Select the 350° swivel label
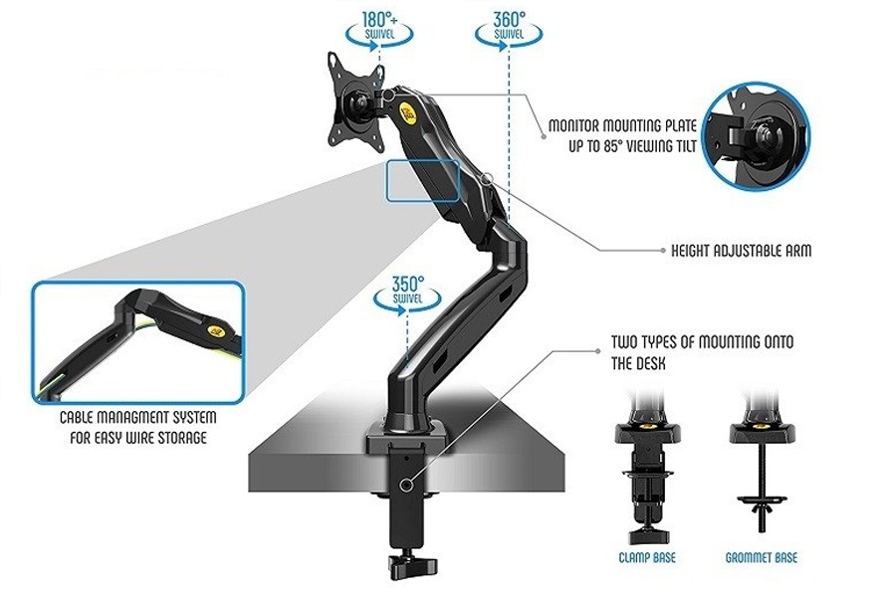407,291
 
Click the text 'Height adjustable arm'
741,251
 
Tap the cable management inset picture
137,341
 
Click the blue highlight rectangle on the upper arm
423,181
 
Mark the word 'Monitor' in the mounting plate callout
578,127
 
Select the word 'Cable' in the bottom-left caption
82,419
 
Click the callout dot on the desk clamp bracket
405,485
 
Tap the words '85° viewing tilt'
652,146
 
